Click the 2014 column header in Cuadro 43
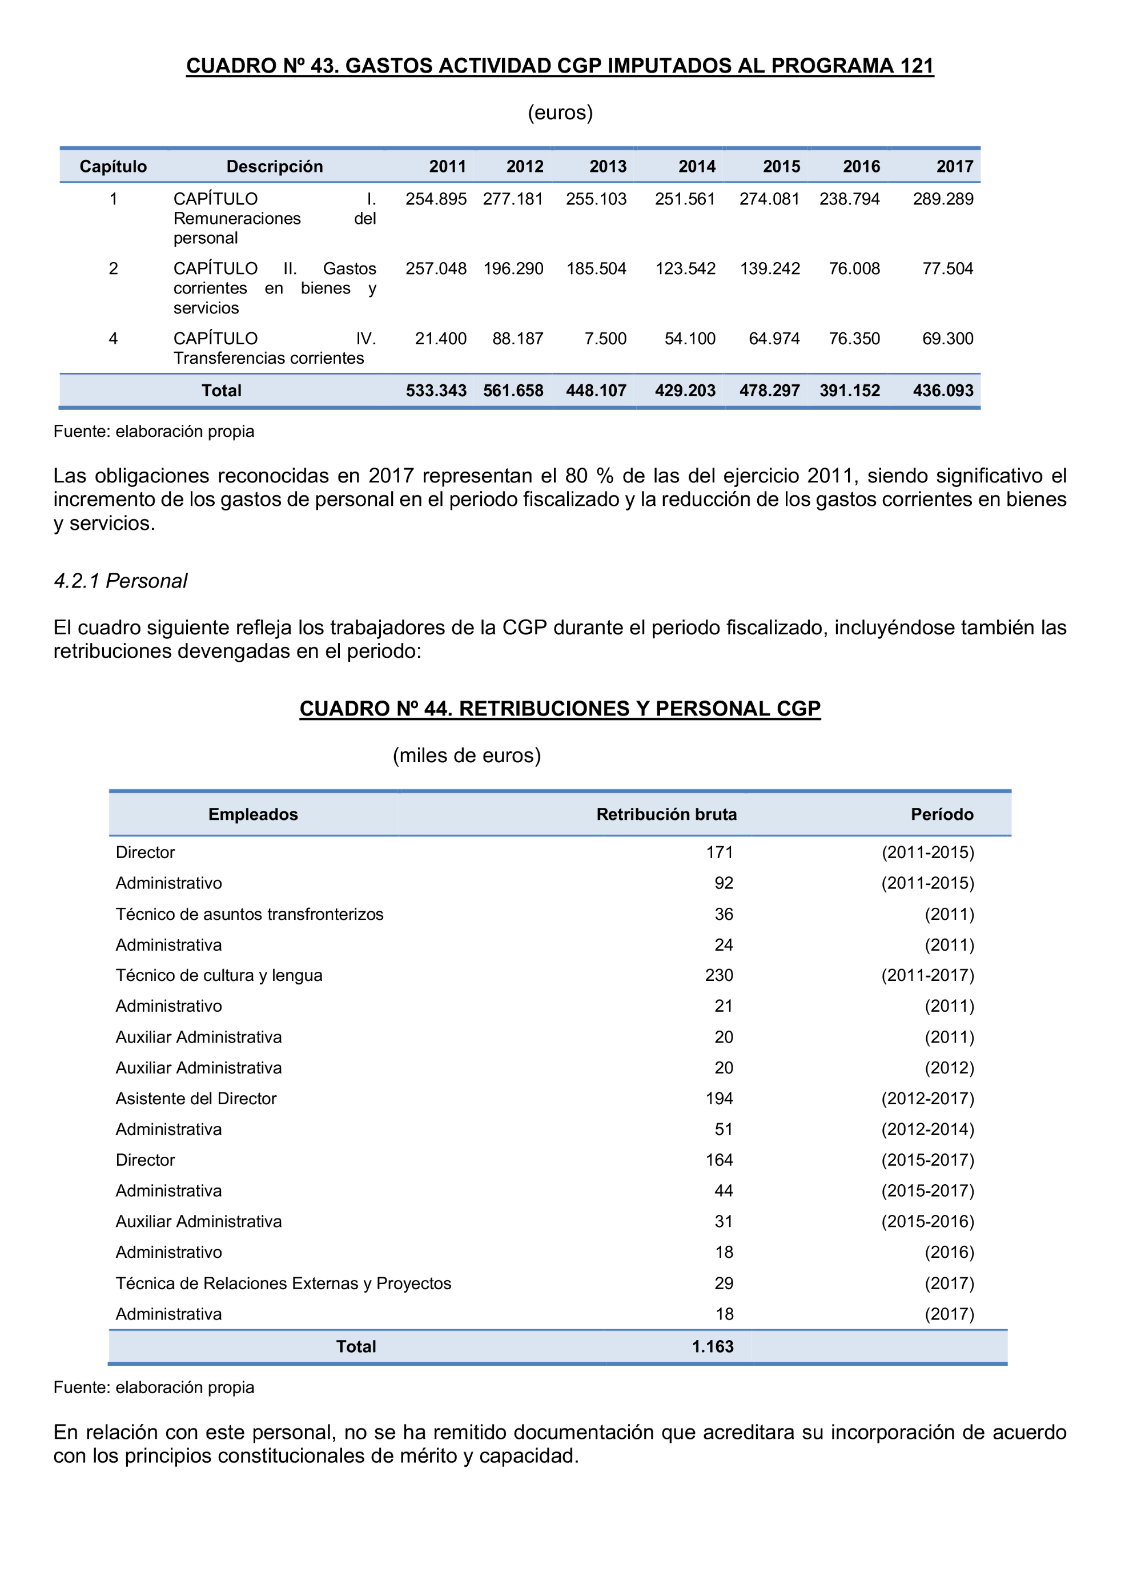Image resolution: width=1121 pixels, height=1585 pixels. (697, 166)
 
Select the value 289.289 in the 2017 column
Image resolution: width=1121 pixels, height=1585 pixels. (943, 199)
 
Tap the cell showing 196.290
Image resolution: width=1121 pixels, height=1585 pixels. (513, 268)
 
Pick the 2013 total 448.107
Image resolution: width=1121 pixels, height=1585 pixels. (596, 391)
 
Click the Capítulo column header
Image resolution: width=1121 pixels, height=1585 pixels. (113, 166)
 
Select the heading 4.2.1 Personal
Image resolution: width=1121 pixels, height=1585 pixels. (121, 581)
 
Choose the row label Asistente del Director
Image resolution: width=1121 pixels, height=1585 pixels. (196, 1099)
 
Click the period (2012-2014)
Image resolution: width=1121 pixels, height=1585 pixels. (927, 1129)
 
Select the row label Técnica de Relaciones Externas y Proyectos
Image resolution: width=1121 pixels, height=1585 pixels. (283, 1284)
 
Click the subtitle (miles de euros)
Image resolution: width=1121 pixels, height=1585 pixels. (467, 756)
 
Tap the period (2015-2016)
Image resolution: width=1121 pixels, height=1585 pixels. (927, 1221)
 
